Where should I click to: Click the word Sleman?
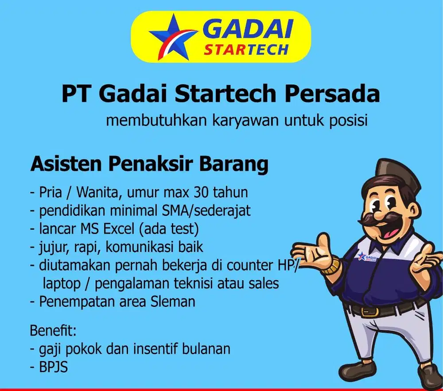[173, 301]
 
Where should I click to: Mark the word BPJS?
[54, 368]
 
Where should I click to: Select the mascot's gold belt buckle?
[371, 311]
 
